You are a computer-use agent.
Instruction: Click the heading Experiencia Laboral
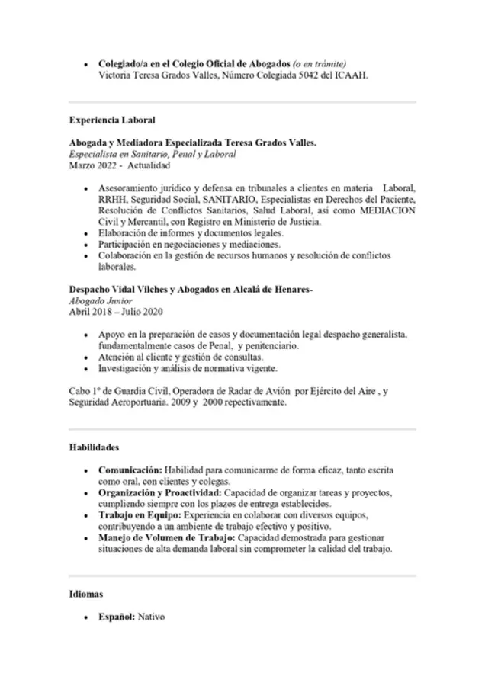[112, 120]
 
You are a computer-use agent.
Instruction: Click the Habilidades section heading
[94, 447]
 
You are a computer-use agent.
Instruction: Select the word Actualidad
[149, 165]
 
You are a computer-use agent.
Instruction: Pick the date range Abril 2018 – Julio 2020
[116, 312]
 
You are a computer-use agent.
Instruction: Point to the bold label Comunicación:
[130, 471]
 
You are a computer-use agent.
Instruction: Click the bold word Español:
[117, 616]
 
